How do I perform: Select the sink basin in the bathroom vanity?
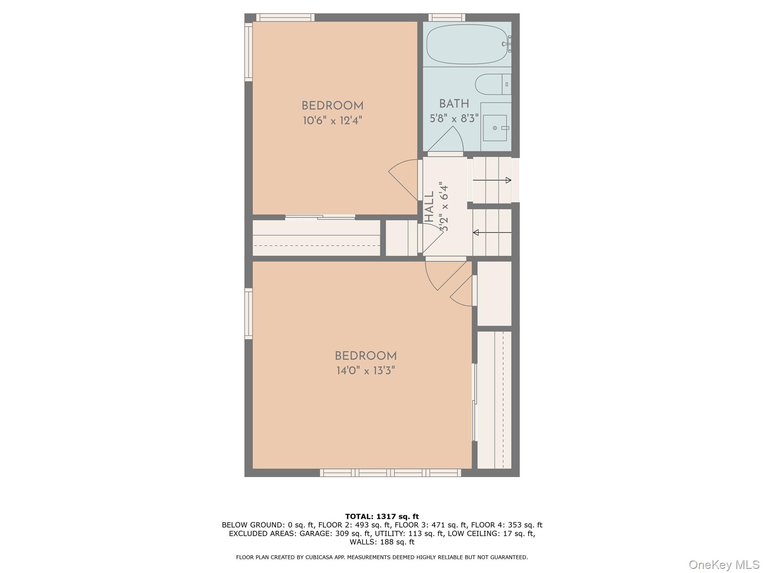[495, 128]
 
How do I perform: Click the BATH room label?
[454, 104]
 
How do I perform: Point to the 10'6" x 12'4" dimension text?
[332, 120]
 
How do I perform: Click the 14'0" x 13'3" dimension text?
[365, 371]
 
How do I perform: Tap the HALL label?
[429, 207]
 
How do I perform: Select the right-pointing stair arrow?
[492, 180]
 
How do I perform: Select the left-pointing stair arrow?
[492, 233]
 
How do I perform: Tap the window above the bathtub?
[447, 17]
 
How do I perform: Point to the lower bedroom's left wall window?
[248, 313]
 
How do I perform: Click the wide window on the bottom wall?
[390, 473]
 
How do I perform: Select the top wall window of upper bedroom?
[285, 17]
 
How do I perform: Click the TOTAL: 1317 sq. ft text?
[382, 517]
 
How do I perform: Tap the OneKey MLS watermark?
[724, 564]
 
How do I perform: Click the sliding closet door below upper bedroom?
[320, 217]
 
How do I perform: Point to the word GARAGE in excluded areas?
[315, 533]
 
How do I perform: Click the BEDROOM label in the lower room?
[365, 356]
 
